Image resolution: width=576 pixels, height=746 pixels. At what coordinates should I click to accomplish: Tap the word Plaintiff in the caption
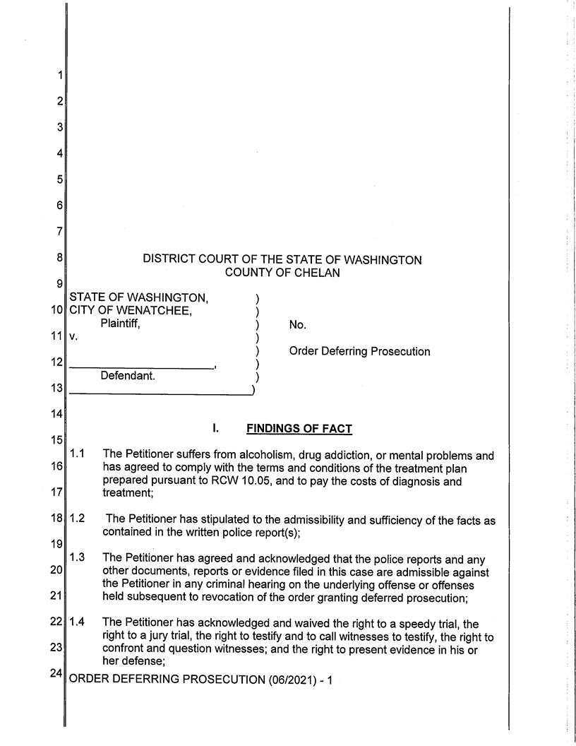pos(120,324)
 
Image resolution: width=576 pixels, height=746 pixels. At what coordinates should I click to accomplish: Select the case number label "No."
pos(297,325)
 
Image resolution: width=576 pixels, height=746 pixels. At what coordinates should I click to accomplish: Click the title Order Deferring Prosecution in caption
pos(359,351)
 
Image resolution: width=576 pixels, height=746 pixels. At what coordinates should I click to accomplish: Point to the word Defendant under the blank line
pos(127,376)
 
